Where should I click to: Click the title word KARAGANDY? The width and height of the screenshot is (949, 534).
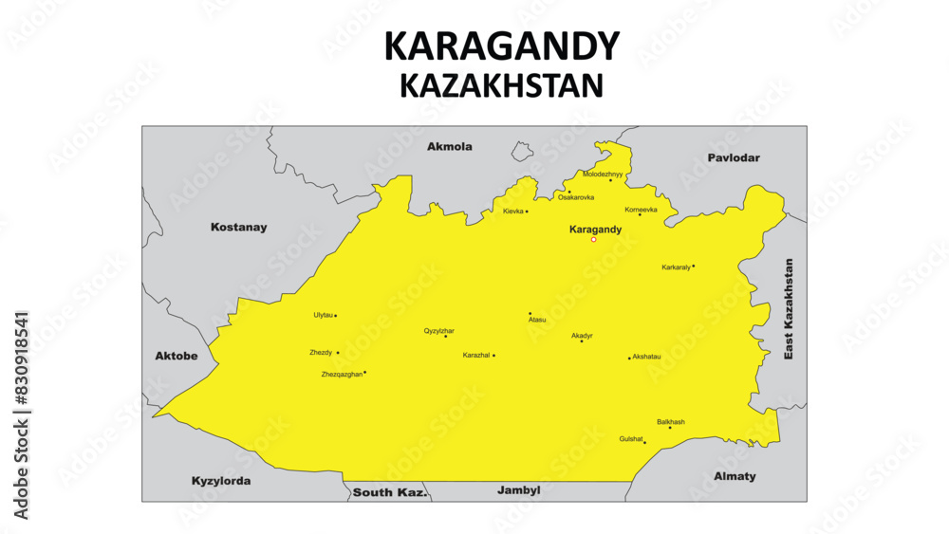click(x=501, y=46)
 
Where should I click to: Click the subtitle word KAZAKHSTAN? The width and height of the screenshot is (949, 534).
click(x=501, y=85)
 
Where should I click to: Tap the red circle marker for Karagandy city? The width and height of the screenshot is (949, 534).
click(x=594, y=240)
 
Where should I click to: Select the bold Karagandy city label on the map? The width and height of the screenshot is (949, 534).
click(x=594, y=230)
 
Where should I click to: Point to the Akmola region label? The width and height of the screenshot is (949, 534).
click(x=449, y=147)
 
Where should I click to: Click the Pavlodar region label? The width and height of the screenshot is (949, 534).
click(x=734, y=157)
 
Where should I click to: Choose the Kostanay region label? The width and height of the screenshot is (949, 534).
click(x=238, y=228)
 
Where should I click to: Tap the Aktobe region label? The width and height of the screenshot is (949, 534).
click(x=176, y=356)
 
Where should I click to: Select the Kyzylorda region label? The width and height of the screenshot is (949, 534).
click(x=221, y=481)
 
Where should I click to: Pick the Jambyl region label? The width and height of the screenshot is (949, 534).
click(x=518, y=490)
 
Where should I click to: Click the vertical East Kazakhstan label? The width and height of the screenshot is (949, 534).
click(x=788, y=308)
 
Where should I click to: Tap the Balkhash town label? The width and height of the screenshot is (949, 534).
click(x=671, y=421)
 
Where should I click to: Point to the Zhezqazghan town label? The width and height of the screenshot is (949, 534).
click(x=342, y=375)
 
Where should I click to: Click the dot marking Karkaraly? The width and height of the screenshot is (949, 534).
click(x=694, y=266)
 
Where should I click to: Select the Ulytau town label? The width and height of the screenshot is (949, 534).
click(x=323, y=315)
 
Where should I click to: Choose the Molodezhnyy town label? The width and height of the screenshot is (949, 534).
click(x=603, y=175)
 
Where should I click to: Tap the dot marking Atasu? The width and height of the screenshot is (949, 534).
click(x=530, y=313)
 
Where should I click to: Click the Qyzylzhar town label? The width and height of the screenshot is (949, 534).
click(x=438, y=330)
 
